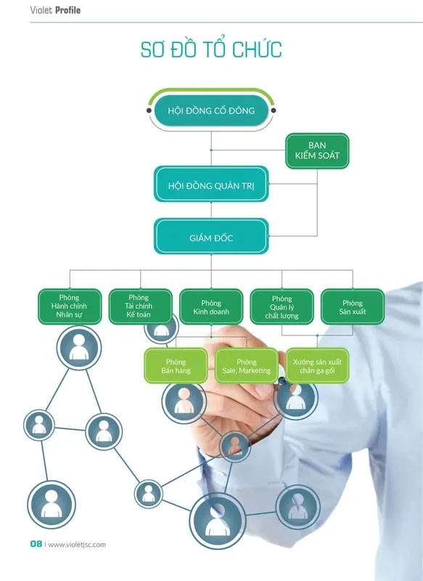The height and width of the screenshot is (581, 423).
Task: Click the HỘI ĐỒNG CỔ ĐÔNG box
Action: [211, 110]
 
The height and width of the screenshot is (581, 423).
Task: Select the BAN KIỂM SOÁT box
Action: [317, 151]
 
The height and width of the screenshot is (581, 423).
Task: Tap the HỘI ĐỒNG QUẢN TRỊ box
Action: [211, 184]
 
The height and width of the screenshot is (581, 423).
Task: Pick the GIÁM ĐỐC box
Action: [211, 237]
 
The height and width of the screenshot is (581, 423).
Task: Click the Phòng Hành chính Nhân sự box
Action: [70, 306]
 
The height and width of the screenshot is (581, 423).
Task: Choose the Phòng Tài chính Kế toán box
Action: [140, 306]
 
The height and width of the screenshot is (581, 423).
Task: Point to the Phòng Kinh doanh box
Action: [211, 306]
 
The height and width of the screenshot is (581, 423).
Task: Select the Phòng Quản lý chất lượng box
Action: [282, 306]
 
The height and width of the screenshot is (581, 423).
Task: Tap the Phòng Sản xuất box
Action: [353, 306]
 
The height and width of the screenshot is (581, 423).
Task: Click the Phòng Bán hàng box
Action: [176, 365]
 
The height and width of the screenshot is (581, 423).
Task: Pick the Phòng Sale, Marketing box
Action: [247, 365]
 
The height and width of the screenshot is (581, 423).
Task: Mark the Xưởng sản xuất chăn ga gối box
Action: [317, 365]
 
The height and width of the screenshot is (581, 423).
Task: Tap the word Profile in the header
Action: [67, 10]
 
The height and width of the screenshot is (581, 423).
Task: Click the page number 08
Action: [36, 544]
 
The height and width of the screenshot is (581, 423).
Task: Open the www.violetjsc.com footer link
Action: [77, 545]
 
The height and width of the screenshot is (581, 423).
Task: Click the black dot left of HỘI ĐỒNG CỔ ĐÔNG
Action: [149, 110]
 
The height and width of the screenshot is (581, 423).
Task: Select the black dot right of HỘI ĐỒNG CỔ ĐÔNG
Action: [274, 110]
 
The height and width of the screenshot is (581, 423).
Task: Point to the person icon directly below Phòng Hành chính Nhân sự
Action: [79, 348]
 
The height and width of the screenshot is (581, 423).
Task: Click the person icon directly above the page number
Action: [52, 504]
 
